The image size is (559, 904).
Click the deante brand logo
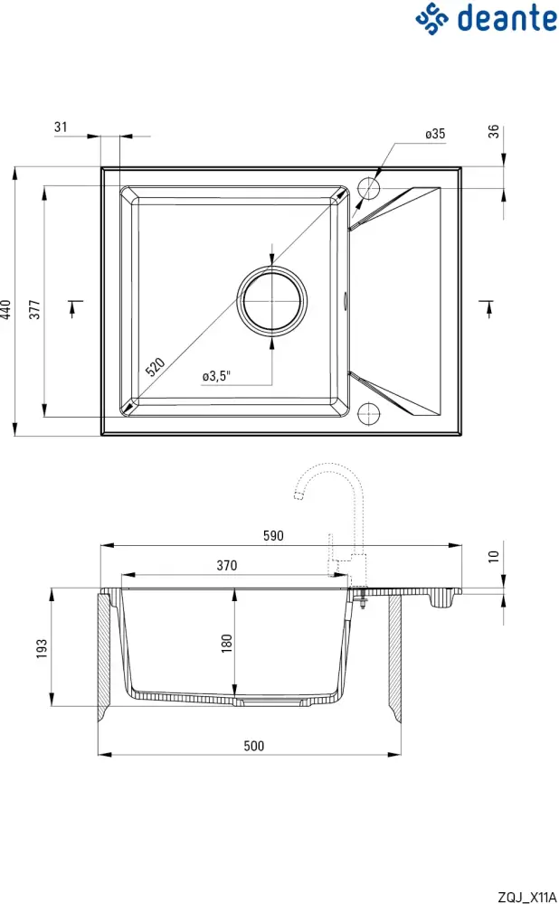(486, 18)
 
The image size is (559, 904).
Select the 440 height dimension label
(7, 310)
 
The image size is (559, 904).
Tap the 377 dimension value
(35, 310)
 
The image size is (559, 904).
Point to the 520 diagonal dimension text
(156, 366)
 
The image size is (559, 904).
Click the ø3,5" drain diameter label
(217, 375)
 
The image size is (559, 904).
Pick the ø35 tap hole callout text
(435, 134)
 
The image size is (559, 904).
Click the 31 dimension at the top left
(61, 127)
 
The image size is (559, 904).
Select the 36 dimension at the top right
(493, 131)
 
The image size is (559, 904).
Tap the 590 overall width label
(273, 535)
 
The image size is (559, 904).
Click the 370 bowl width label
(226, 566)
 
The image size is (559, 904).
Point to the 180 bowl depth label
(227, 643)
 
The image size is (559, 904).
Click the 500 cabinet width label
(253, 746)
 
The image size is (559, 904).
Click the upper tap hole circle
(369, 189)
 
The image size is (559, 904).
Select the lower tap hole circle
(369, 413)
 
